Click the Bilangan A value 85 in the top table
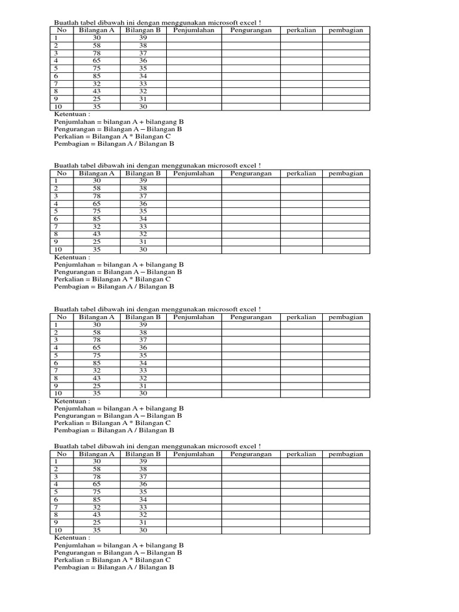click(x=96, y=76)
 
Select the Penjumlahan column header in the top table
click(x=194, y=30)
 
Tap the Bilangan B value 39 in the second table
click(x=143, y=180)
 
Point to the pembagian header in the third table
click(x=346, y=317)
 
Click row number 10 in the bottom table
click(x=58, y=530)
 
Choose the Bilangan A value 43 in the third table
click(x=96, y=378)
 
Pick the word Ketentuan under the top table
click(x=72, y=114)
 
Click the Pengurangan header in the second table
click(x=251, y=173)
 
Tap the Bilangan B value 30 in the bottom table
click(x=143, y=530)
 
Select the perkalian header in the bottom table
click(x=301, y=454)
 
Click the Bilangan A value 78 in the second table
click(x=96, y=196)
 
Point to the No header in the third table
click(x=61, y=317)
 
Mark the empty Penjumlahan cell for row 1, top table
click(x=194, y=38)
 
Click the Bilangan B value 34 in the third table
click(x=143, y=363)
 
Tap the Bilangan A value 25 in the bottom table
click(x=96, y=522)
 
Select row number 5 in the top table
click(x=56, y=68)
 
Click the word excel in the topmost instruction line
click(x=249, y=22)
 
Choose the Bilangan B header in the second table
click(x=143, y=173)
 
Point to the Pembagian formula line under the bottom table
click(x=114, y=567)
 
